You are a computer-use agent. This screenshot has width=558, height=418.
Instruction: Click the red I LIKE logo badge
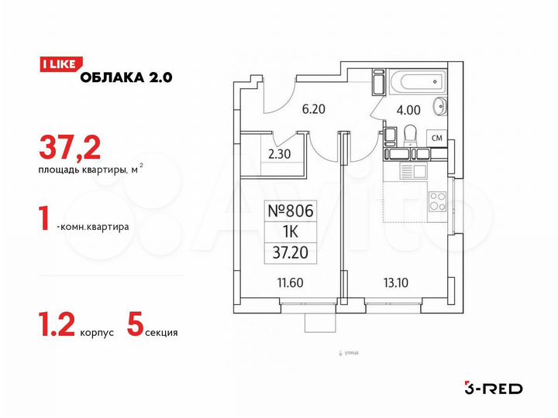[57, 65]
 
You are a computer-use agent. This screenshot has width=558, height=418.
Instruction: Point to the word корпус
[97, 332]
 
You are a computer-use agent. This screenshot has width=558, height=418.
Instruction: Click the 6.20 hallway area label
[312, 109]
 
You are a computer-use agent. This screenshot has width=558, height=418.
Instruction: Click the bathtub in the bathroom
[406, 83]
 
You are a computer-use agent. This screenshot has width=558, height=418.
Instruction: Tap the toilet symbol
[410, 135]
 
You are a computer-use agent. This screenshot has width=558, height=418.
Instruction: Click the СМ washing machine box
[438, 138]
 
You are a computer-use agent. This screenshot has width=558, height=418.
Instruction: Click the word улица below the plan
[350, 353]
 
